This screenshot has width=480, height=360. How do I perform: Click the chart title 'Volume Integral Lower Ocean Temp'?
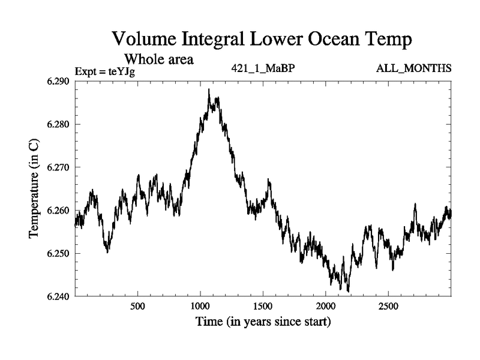(x=263, y=40)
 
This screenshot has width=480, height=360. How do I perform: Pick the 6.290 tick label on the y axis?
(x=57, y=82)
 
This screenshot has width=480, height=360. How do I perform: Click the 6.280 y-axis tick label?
(x=57, y=125)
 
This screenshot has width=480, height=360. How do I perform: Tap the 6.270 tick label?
(x=57, y=167)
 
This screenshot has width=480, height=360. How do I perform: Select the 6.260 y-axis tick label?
(x=57, y=211)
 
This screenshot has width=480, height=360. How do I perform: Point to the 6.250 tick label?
(x=57, y=253)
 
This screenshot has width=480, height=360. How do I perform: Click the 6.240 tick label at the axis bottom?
(x=57, y=296)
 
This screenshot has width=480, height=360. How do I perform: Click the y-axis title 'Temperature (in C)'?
(x=34, y=189)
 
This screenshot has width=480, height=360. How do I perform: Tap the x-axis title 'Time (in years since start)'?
(x=263, y=322)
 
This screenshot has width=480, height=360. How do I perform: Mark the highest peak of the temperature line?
(x=209, y=89)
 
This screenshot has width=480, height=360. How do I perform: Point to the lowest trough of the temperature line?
(x=348, y=292)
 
